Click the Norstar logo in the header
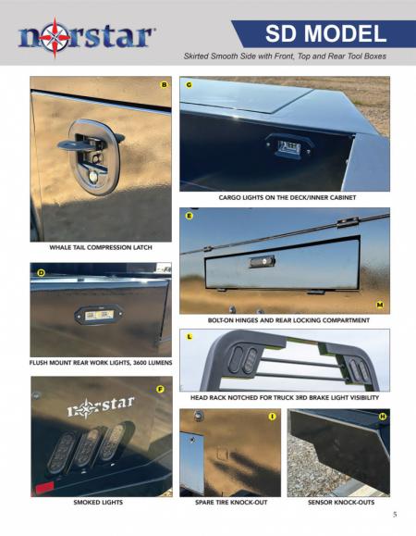coord(85,37)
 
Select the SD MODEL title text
coord(325,34)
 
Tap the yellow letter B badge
coord(164,85)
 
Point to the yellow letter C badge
coord(189,85)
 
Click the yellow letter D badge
coord(42,273)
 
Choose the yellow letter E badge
coord(189,216)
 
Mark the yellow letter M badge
coord(380,304)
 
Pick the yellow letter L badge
coord(189,337)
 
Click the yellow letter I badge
coord(272,417)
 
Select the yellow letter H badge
coord(382,417)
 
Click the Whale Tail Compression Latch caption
coord(100,248)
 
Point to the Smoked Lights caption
coord(99,502)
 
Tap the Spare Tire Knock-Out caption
coord(229,502)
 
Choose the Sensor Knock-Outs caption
coord(338,502)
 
